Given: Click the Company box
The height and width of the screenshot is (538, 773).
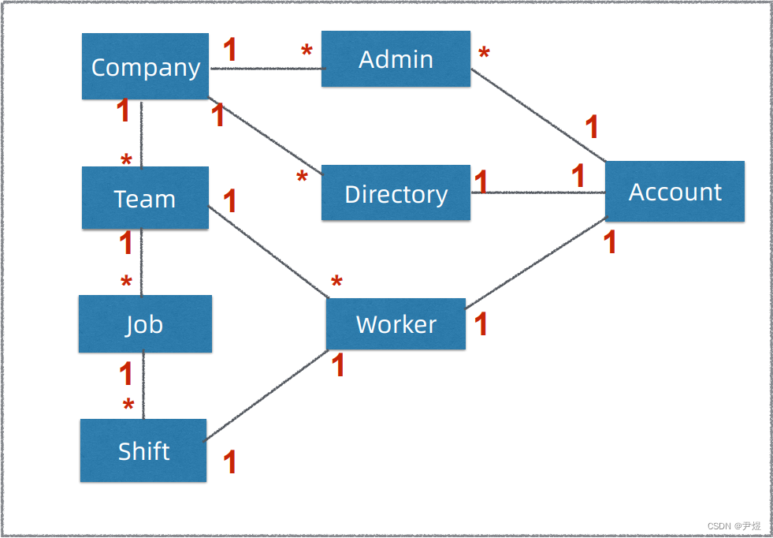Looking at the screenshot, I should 145,67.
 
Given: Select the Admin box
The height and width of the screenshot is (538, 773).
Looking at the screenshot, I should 396,59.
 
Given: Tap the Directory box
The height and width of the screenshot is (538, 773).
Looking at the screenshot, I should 396,193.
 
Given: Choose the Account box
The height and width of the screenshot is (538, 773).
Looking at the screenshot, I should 675,192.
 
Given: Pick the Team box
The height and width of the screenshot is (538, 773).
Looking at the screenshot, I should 145,198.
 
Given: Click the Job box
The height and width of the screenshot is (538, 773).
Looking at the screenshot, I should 145,324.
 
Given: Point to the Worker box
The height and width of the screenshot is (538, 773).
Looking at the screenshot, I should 396,324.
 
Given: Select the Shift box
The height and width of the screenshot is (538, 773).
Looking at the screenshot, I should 143,450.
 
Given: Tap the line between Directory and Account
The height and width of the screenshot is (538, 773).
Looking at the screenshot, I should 537,192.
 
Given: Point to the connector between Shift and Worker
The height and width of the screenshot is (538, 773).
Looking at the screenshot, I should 266,396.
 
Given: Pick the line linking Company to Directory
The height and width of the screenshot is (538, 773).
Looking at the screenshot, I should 265,136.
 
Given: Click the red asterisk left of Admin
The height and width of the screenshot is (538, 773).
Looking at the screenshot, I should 307,52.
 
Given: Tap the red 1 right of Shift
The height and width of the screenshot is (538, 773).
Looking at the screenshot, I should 230,462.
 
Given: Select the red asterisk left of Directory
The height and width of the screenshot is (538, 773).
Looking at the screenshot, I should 302,178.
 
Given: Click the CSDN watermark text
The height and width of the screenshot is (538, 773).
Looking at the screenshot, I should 734,526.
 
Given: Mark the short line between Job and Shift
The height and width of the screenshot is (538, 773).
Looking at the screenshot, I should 143,385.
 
